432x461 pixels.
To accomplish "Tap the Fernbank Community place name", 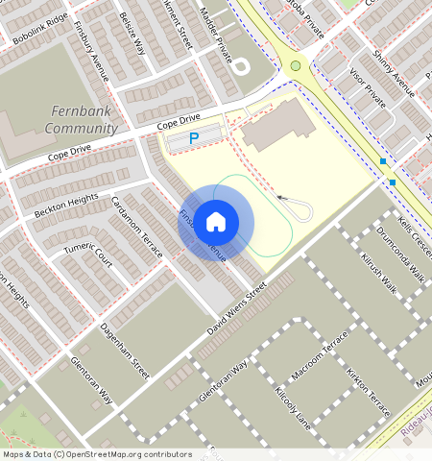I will tap(82, 120).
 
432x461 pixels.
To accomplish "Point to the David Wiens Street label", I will tap(236, 309).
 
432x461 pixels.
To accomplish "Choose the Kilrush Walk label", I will tap(378, 273).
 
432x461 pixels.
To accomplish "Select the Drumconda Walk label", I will tap(400, 254).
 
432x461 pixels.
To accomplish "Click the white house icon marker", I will tap(216, 222).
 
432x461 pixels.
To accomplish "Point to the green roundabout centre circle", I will tap(296, 65).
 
